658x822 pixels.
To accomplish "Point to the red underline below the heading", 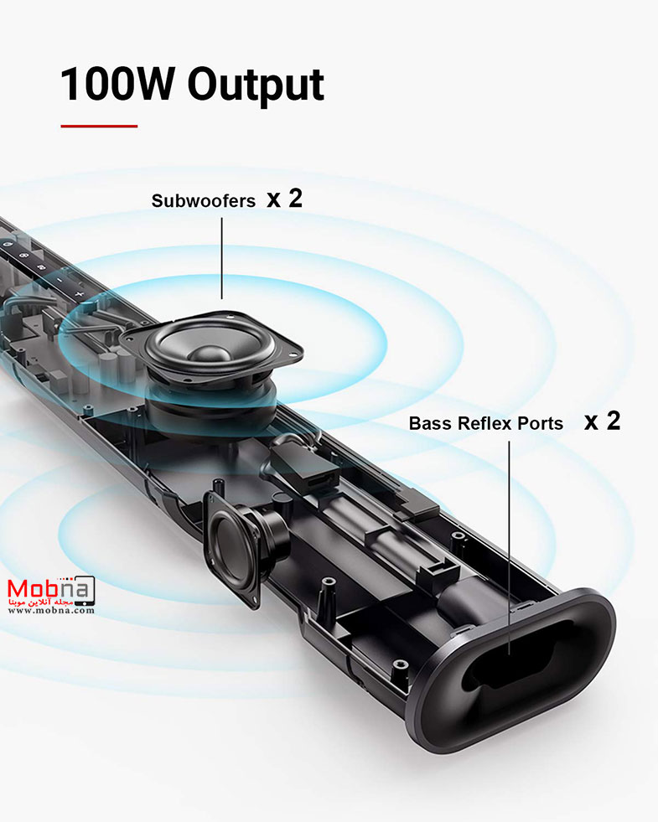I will [x=98, y=127].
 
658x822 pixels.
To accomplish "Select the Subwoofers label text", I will [x=204, y=201].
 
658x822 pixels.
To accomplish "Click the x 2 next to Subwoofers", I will [x=284, y=199].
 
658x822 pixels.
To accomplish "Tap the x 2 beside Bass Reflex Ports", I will [x=602, y=421].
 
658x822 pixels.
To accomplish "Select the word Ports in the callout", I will [x=541, y=424].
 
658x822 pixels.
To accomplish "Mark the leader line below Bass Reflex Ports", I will [x=510, y=536].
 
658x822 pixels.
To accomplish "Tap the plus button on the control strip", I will [x=78, y=295].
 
